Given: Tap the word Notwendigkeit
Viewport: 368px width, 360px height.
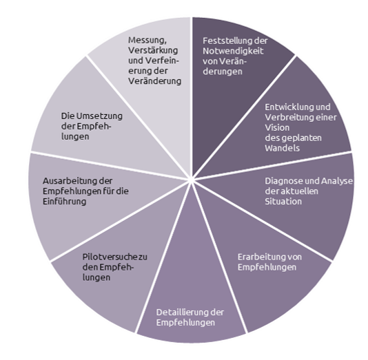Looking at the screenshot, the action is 233,51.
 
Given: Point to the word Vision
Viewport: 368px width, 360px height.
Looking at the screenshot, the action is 277,128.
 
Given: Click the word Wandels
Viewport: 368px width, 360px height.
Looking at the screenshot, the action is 283,148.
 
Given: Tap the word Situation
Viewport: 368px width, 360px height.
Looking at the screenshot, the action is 283,201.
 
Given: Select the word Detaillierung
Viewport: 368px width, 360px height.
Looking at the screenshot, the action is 182,313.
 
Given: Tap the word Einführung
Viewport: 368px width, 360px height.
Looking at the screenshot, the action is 64,201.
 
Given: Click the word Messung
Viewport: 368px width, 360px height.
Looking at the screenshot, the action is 147,41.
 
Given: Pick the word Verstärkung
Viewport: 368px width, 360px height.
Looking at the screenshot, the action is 153,50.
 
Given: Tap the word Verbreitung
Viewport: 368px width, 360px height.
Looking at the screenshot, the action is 287,117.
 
